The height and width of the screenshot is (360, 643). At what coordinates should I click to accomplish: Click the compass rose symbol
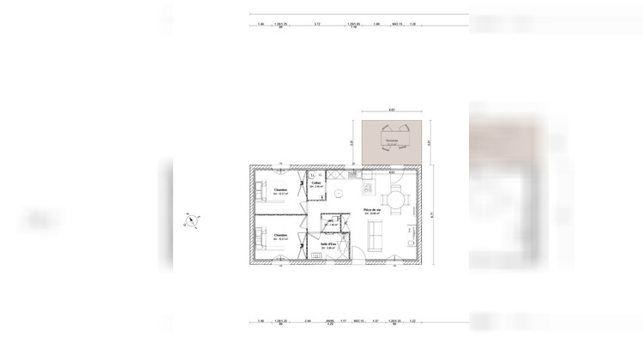pyautogui.click(x=192, y=221)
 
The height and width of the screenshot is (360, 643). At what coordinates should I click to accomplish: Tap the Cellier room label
pyautogui.click(x=316, y=183)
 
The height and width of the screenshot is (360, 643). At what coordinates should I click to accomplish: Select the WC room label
pyautogui.click(x=330, y=220)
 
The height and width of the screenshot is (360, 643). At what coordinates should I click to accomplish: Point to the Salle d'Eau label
pyautogui.click(x=329, y=245)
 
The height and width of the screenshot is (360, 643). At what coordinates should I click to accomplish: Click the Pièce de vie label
pyautogui.click(x=372, y=210)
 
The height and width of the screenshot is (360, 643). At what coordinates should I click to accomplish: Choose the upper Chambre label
pyautogui.click(x=280, y=191)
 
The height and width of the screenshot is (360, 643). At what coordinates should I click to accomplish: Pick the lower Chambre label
pyautogui.click(x=280, y=234)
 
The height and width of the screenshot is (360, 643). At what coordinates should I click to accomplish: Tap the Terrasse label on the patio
pyautogui.click(x=391, y=141)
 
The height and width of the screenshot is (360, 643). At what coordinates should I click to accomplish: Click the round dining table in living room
pyautogui.click(x=395, y=201)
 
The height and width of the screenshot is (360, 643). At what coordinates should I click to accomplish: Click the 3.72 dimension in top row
pyautogui.click(x=317, y=24)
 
